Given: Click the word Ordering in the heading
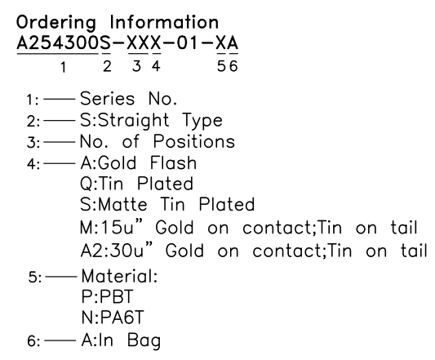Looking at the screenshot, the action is [56, 23].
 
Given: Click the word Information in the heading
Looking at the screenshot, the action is [164, 22].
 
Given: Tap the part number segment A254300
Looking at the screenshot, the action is [58, 43].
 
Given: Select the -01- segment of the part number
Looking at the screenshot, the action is [188, 43].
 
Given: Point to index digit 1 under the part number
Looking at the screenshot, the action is [64, 67].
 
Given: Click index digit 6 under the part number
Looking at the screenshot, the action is [233, 66].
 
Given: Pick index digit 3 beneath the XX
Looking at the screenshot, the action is [136, 66].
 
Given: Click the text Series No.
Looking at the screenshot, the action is [128, 99].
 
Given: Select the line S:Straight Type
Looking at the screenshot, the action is [152, 120].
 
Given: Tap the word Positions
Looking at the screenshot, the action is [194, 141].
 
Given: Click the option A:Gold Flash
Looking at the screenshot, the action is [139, 162].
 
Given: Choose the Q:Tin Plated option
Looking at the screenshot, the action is [136, 184].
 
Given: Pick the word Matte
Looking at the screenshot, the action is [122, 205].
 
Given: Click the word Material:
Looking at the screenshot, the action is [120, 276].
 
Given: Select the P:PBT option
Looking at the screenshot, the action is [108, 296].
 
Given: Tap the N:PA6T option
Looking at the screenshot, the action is [113, 318].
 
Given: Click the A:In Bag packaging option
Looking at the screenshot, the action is [121, 340].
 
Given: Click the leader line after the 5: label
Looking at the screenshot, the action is [61, 277].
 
